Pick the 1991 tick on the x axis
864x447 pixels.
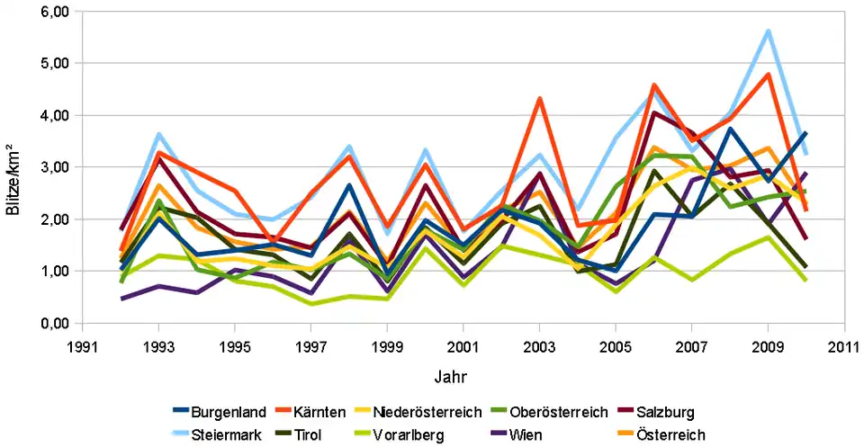coord(84,344)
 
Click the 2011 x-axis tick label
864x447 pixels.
coord(843,344)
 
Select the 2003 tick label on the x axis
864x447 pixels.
coord(539,344)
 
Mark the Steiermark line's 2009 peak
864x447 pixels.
coord(768,31)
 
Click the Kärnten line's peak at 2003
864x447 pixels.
coord(539,98)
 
